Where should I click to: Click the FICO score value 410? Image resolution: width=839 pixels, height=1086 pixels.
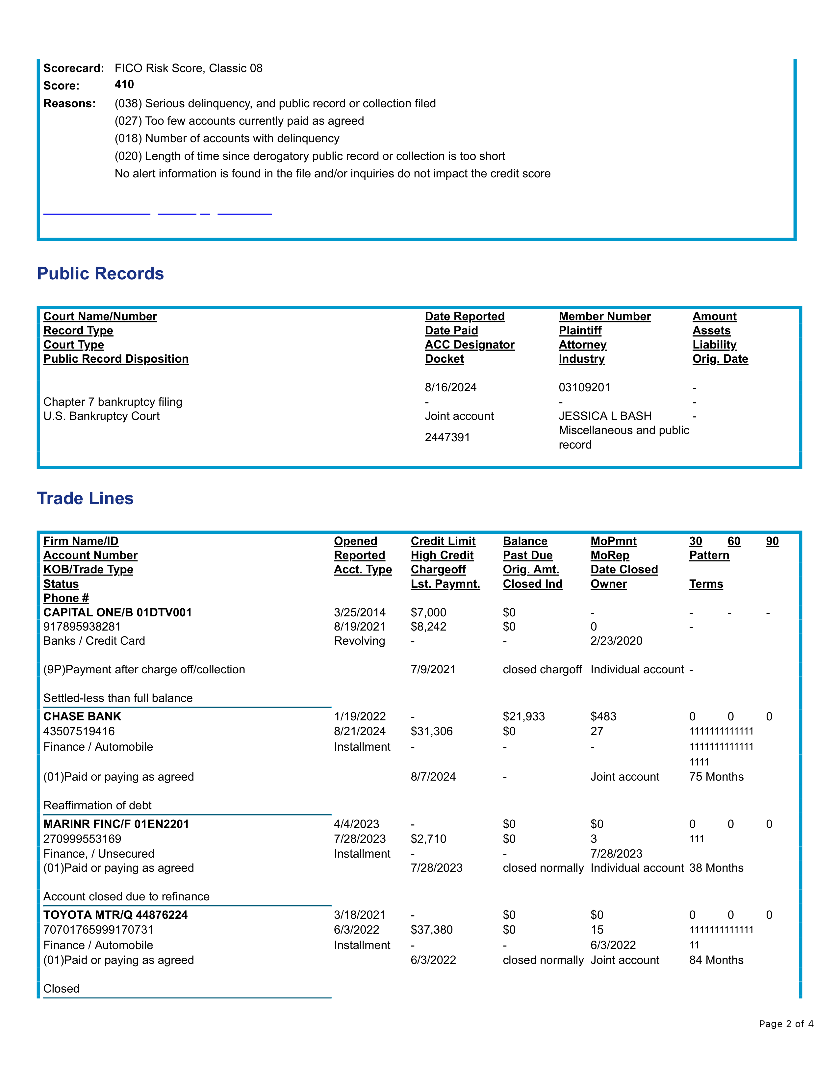(124, 85)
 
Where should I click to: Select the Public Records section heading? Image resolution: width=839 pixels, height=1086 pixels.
(100, 273)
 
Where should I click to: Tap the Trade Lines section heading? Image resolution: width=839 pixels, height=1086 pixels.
(86, 498)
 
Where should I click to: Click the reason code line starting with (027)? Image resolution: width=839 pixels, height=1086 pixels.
(239, 121)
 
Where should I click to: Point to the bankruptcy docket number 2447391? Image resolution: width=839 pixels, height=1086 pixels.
(447, 437)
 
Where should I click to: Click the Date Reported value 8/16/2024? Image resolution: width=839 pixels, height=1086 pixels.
(450, 387)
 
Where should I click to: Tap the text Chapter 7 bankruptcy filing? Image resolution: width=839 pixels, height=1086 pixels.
(113, 402)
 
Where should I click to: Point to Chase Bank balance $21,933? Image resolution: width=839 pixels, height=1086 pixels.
(524, 716)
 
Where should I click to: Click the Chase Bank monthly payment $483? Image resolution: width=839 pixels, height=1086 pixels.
(603, 716)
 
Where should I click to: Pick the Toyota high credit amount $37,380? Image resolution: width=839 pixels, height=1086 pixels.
(431, 930)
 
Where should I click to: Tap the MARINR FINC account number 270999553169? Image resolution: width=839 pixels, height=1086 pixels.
(82, 839)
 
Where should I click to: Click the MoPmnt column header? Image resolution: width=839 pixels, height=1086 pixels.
(613, 541)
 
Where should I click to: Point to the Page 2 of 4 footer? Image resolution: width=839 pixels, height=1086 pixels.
(786, 1024)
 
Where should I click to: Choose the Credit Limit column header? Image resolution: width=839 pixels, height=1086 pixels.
(443, 541)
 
